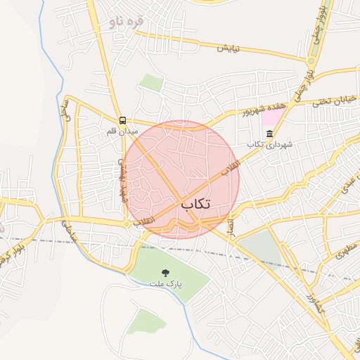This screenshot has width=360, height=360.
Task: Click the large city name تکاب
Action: point(196,203)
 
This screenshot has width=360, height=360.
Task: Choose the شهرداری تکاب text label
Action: point(269,143)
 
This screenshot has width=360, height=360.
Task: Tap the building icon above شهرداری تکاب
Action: point(269,134)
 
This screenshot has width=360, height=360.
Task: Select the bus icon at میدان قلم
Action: point(122,121)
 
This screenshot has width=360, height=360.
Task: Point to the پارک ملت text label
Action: point(165,283)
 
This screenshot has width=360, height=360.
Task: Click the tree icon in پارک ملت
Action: point(165,272)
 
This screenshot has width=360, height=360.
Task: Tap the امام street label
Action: point(230,226)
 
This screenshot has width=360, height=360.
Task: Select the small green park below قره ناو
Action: point(150,82)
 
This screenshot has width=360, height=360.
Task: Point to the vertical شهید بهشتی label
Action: point(120,176)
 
